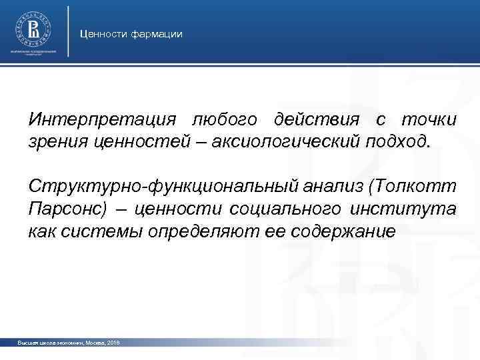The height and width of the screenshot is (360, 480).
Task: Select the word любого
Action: (x=213, y=120)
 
